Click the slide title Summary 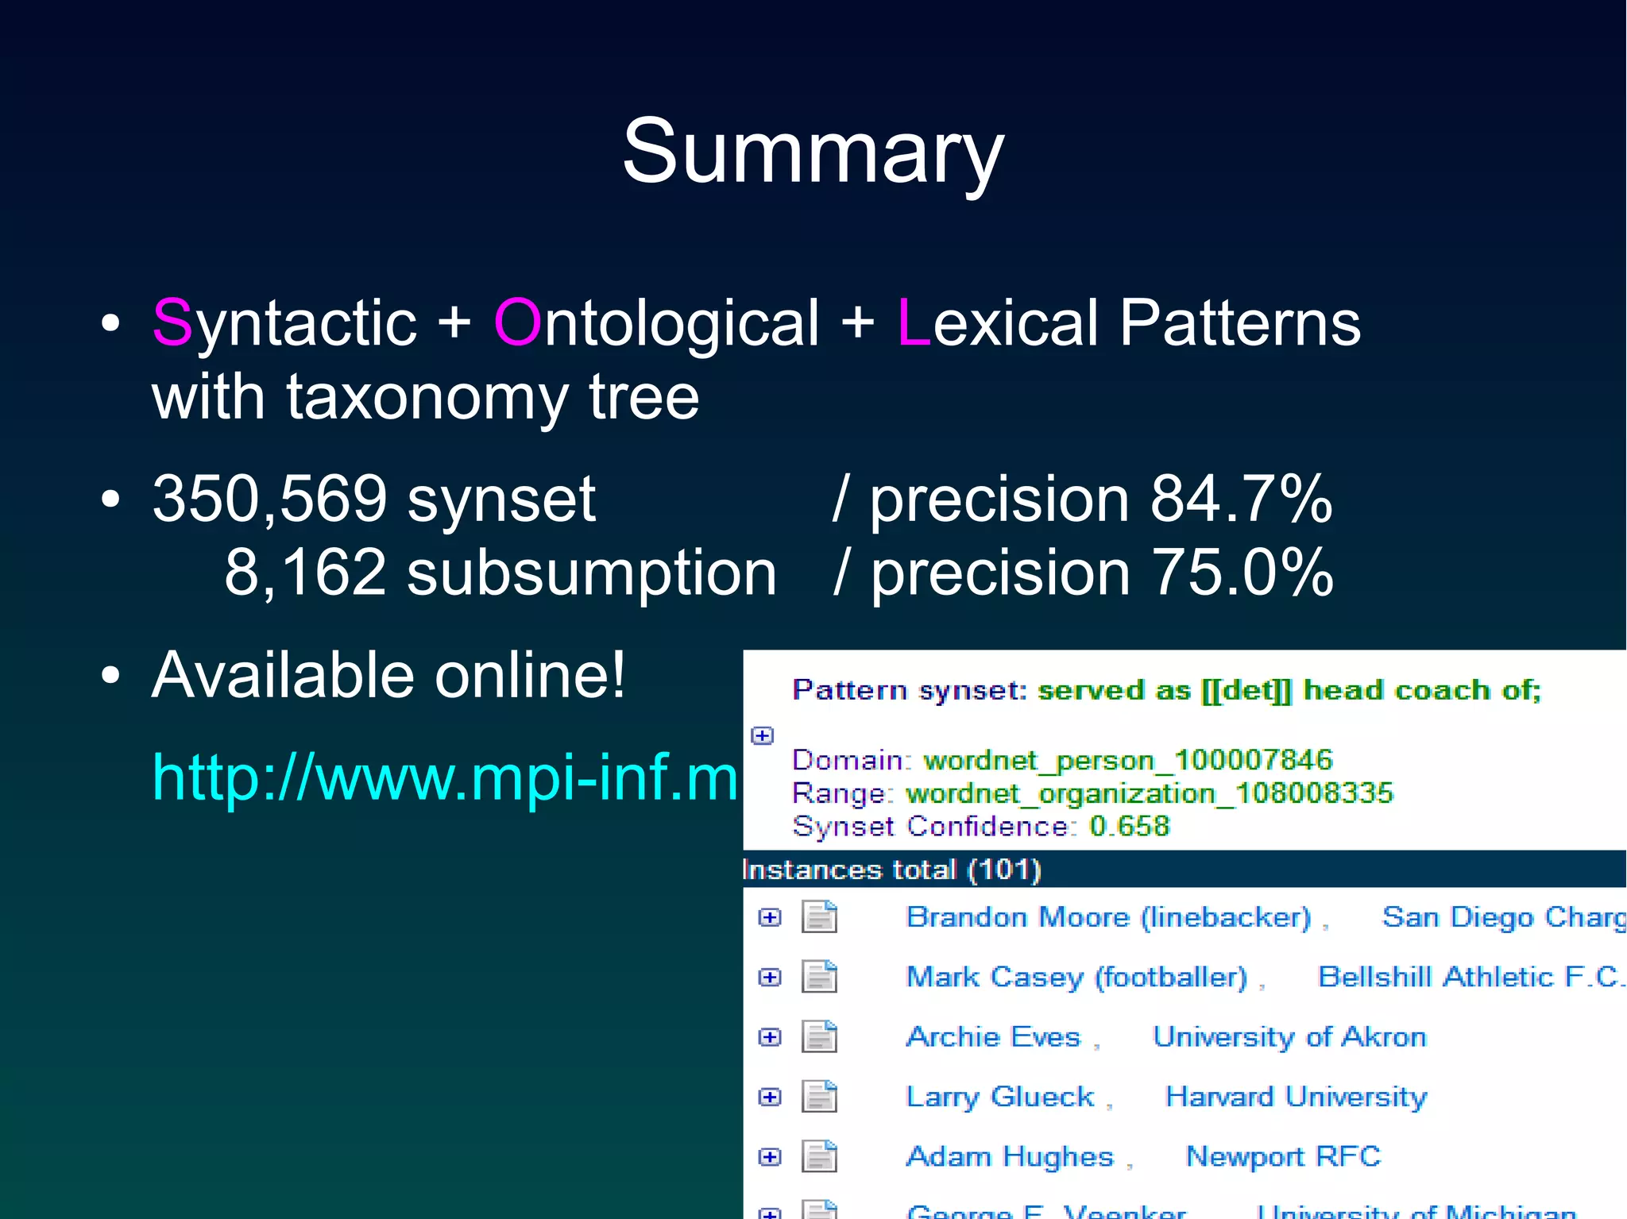813,151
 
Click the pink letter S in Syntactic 172,322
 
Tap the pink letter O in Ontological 517,322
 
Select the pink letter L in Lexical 913,322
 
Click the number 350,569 270,499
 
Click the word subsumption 591,573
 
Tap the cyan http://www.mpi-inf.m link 445,777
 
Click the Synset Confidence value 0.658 1129,826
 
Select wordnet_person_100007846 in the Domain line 1127,760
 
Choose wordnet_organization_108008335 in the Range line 1150,793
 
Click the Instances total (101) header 891,870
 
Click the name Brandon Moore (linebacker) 1108,917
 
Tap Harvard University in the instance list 1296,1097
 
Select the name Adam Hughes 1010,1156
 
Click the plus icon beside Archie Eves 769,1037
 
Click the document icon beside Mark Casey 819,977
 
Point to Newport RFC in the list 1283,1156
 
